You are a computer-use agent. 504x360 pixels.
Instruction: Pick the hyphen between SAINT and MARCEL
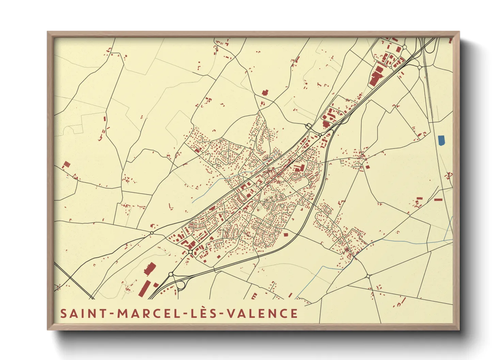click(111, 314)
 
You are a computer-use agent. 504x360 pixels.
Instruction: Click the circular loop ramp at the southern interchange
click(182, 285)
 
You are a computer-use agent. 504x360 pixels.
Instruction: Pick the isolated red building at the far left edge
click(66, 165)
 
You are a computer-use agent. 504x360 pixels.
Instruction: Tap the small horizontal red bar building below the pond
click(439, 200)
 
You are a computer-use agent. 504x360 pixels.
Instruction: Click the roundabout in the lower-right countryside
click(368, 276)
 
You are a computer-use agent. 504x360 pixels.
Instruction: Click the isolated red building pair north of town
click(265, 92)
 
